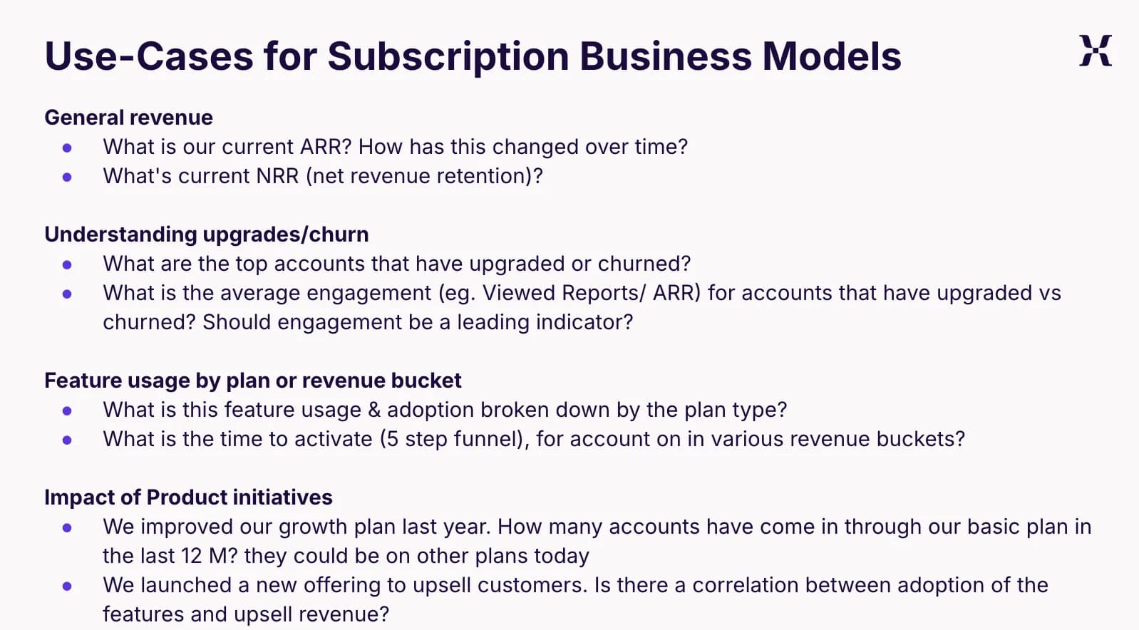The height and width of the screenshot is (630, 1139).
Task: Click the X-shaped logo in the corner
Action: [x=1096, y=51]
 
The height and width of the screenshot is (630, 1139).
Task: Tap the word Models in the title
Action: [x=832, y=56]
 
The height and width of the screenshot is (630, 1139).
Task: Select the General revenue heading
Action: [x=128, y=118]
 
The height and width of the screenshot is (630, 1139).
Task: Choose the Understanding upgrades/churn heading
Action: [x=207, y=235]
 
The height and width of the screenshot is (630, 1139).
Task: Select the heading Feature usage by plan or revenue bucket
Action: [x=253, y=381]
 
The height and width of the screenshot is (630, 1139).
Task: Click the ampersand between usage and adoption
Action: [x=374, y=410]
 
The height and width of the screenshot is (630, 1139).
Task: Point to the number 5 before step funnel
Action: [x=393, y=439]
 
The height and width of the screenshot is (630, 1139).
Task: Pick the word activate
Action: [x=333, y=439]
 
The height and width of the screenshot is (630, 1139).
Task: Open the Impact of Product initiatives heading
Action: [x=189, y=497]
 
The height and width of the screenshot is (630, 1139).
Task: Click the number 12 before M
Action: [x=192, y=557]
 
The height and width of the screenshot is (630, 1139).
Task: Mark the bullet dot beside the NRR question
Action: [x=67, y=177]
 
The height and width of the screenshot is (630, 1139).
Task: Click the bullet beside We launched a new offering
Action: [x=67, y=587]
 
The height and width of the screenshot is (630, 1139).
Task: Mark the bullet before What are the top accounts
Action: [x=67, y=264]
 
